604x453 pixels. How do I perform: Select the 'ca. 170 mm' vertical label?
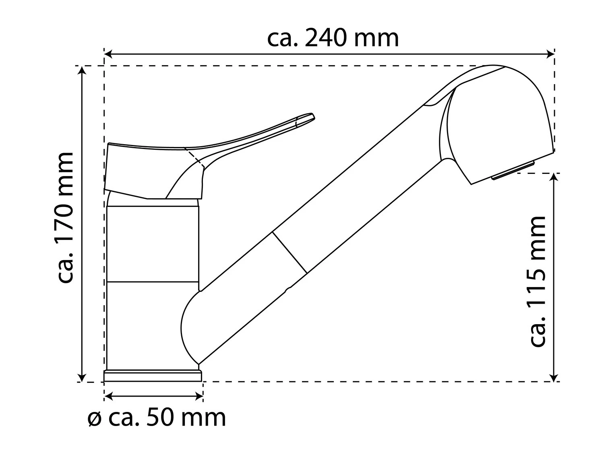[65, 218]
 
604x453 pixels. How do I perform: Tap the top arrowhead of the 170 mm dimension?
[82, 70]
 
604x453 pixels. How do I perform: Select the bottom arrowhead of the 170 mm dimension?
[82, 378]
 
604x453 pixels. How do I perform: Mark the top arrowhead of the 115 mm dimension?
[555, 178]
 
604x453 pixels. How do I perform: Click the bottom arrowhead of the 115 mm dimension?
[555, 378]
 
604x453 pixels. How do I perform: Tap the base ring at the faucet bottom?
[153, 376]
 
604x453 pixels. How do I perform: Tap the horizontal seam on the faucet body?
[153, 281]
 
